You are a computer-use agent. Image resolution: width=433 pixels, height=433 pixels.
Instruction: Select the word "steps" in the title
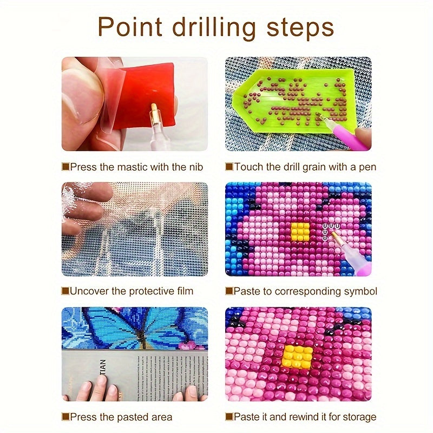[300, 29]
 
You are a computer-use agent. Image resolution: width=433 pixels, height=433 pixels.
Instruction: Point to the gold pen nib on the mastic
[154, 113]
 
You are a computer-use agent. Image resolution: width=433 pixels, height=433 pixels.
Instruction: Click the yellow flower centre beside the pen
[300, 231]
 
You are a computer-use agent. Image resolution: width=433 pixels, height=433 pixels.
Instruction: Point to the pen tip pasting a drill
[333, 234]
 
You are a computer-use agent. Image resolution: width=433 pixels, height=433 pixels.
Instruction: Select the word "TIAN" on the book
[103, 366]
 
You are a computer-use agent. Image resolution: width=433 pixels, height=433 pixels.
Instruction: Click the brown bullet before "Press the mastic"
[65, 167]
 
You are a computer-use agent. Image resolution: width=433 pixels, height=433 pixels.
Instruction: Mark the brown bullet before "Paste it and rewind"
[229, 417]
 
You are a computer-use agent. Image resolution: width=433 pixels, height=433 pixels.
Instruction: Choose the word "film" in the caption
[185, 291]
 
